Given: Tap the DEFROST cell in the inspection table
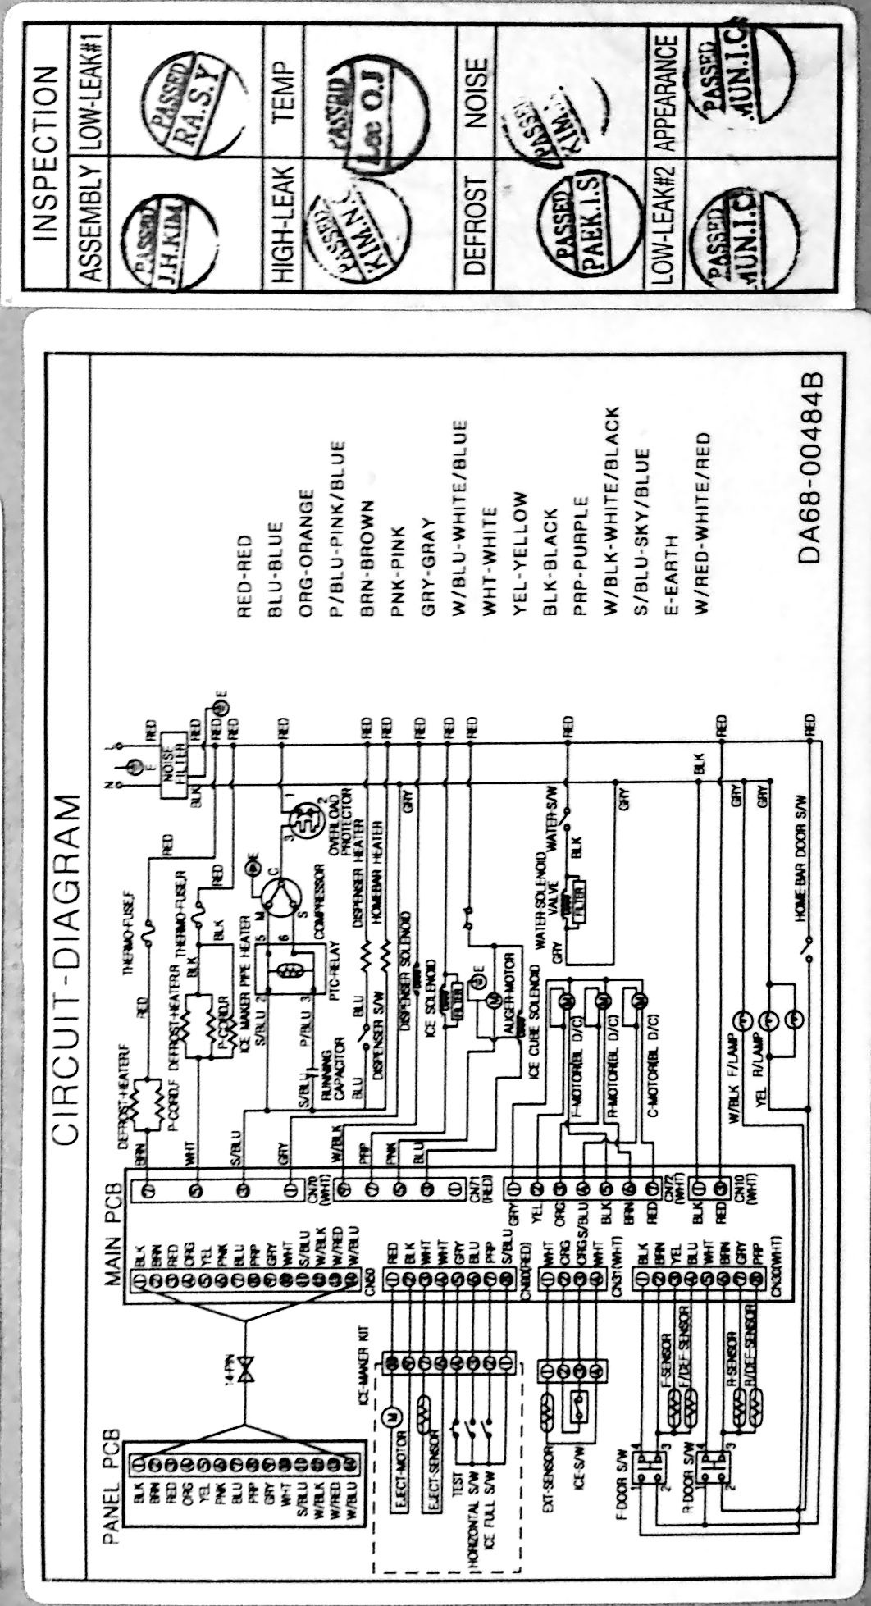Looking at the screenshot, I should [x=473, y=221].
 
